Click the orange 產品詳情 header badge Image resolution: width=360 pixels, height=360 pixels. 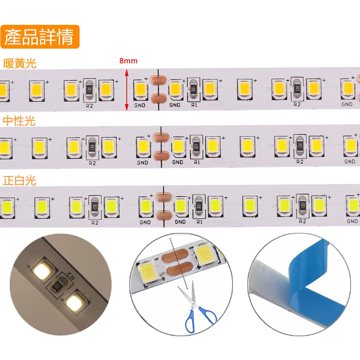coord(40,37)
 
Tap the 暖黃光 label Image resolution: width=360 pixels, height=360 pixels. coord(20,64)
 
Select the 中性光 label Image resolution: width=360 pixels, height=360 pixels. coord(20,121)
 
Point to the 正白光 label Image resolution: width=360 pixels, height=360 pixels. coord(20,180)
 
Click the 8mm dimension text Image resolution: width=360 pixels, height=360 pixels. coord(129,61)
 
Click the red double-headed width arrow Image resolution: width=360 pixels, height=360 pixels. coord(126,90)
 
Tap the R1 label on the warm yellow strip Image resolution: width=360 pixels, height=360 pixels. coord(194,105)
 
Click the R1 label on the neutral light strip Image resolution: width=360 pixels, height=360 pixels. coord(197,162)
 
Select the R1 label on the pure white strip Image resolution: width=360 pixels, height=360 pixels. coord(199,222)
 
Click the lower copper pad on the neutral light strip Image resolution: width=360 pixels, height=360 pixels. coord(161,156)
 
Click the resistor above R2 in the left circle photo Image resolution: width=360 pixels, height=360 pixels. coord(57,287)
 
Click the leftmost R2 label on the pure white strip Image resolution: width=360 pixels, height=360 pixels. coord(95,222)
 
